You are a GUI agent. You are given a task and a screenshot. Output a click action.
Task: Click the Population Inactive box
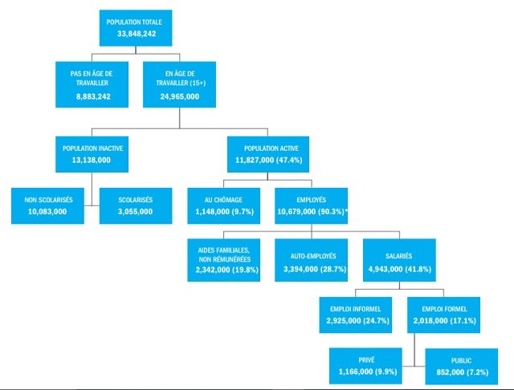[93, 154]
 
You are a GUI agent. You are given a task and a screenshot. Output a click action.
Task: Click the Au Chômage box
[224, 205]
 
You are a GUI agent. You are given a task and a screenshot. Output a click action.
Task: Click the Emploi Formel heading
[443, 309]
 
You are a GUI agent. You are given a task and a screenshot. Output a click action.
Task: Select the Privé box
[368, 366]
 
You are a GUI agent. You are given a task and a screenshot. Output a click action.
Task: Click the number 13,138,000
[93, 160]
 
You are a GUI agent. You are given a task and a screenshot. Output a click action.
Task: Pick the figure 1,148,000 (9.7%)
[224, 211]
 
